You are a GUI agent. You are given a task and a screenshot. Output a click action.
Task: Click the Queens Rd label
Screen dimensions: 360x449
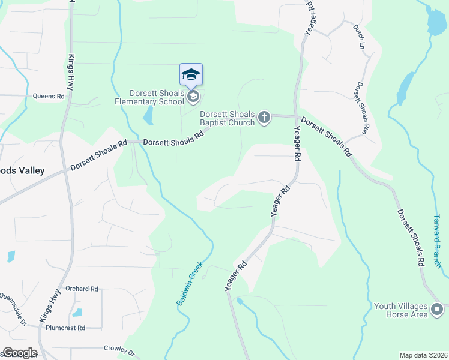pos(48,96)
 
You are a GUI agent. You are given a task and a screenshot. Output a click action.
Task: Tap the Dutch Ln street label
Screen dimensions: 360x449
pos(359,37)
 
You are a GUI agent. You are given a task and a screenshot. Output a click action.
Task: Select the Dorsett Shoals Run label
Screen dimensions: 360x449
pos(362,108)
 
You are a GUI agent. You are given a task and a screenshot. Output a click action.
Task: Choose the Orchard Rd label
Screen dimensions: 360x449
pos(82,289)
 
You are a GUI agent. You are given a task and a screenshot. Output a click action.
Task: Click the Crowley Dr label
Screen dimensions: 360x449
pos(119,349)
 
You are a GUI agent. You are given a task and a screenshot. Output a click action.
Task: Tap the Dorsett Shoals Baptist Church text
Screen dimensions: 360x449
pos(228,119)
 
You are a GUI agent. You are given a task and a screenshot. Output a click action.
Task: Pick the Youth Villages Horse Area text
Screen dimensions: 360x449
pos(401,310)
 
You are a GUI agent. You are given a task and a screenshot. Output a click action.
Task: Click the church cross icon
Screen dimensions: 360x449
pos(265,119)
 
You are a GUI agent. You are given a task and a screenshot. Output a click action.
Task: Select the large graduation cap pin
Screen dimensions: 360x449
pos(191,74)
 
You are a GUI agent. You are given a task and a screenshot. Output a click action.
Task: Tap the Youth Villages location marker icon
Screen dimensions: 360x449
pos(437,310)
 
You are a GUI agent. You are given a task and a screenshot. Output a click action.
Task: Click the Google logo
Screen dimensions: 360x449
pos(20,353)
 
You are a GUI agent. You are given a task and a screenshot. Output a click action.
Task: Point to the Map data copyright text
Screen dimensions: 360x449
pos(423,355)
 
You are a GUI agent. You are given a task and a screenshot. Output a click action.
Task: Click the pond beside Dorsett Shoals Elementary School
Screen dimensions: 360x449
pos(148,115)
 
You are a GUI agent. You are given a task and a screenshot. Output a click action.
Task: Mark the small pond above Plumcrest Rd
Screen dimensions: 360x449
pos(77,313)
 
